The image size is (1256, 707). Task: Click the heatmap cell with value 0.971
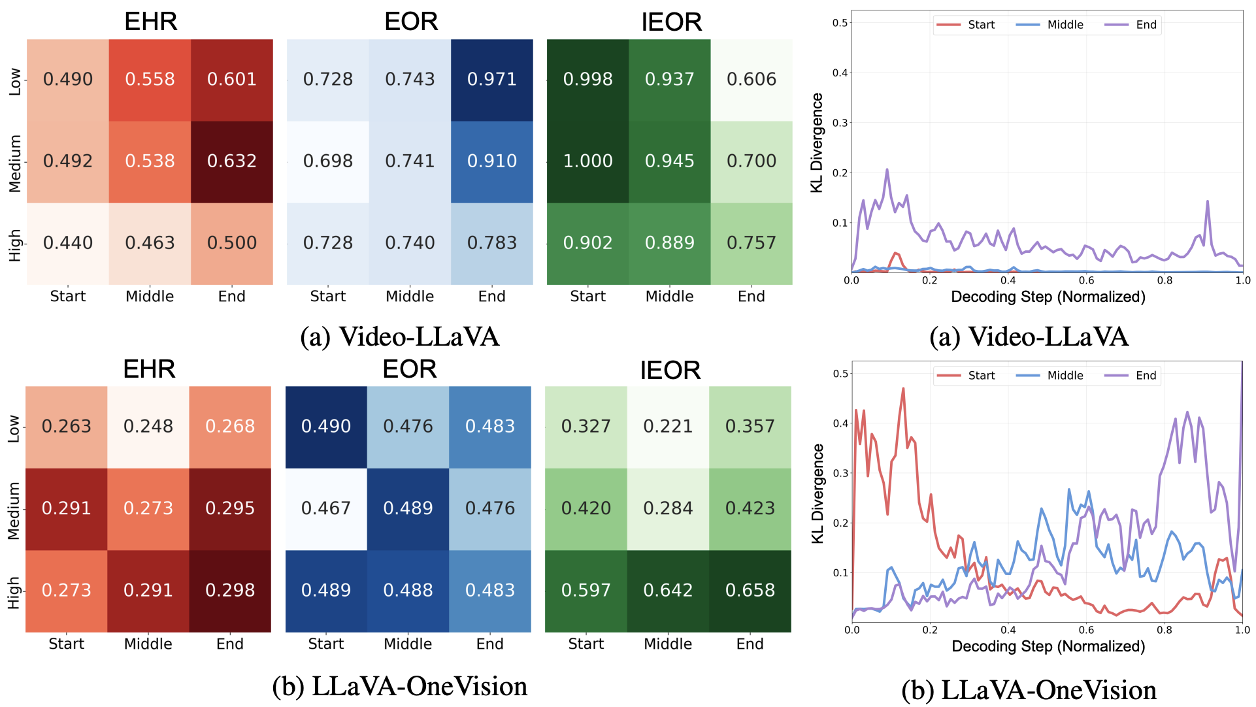click(491, 80)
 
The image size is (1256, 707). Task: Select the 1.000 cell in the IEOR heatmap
click(587, 161)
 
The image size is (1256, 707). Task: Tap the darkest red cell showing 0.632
click(231, 161)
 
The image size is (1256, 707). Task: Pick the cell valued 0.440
click(68, 243)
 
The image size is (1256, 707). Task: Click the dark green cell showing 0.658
click(750, 591)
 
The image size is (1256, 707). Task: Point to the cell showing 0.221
click(668, 427)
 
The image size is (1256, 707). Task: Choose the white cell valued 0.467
click(326, 508)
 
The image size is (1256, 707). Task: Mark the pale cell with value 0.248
click(148, 427)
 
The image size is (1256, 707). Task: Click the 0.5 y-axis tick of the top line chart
click(840, 23)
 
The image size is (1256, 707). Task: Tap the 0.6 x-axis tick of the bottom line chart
click(1086, 631)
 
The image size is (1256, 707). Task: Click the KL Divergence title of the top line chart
click(817, 142)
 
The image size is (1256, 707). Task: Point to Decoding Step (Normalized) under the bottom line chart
click(1048, 647)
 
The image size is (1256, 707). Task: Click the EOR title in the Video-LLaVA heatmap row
click(411, 22)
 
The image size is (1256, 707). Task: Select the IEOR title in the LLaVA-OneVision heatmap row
click(670, 370)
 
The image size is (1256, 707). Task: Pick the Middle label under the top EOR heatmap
click(410, 297)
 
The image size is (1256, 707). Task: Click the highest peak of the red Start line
click(903, 389)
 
